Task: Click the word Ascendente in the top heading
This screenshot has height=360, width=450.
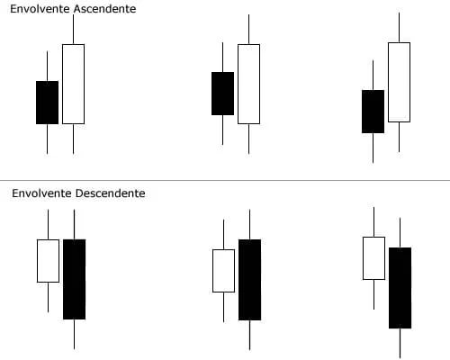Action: [x=104, y=9]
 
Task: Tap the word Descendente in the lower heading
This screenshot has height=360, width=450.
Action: [x=111, y=193]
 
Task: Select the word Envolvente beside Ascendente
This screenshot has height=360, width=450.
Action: [x=40, y=9]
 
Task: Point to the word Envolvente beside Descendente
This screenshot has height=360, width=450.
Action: [x=42, y=193]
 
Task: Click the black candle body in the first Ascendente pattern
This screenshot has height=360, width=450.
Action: [x=48, y=103]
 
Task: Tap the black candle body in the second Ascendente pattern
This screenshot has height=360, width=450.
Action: [x=222, y=94]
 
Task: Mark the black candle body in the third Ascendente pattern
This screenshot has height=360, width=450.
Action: [x=373, y=112]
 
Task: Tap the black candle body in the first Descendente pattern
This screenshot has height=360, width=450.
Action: [x=75, y=279]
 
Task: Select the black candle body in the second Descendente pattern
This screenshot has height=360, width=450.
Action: [x=250, y=280]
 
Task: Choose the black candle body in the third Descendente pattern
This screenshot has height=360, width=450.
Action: [x=400, y=288]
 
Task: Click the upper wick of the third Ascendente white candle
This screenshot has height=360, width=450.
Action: [x=400, y=28]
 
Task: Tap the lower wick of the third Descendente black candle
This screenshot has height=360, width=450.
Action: [x=400, y=344]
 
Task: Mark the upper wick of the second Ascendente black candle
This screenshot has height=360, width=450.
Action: [x=222, y=57]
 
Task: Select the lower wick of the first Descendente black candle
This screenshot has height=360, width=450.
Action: [x=75, y=334]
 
